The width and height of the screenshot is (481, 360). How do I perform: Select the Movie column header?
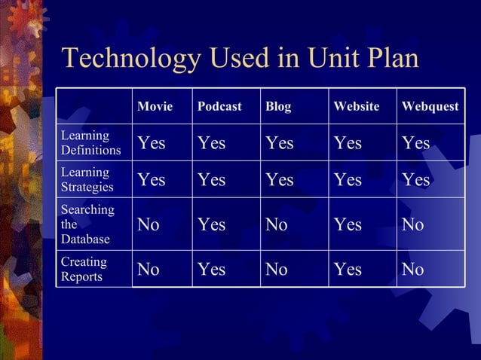pyautogui.click(x=155, y=107)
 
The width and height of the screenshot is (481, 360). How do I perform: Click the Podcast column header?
pyautogui.click(x=219, y=107)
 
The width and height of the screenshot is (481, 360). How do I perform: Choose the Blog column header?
pyautogui.click(x=278, y=107)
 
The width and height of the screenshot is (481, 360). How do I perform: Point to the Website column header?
pyautogui.click(x=357, y=107)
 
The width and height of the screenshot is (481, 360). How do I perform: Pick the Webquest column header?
pyautogui.click(x=430, y=107)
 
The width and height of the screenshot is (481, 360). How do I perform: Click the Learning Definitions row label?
pyautogui.click(x=90, y=142)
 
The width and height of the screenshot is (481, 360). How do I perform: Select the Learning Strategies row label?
pyautogui.click(x=87, y=179)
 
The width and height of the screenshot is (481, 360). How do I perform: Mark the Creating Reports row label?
pyautogui.click(x=84, y=269)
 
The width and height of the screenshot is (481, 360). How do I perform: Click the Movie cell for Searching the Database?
pyautogui.click(x=149, y=224)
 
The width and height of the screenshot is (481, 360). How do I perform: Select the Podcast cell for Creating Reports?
pyautogui.click(x=211, y=269)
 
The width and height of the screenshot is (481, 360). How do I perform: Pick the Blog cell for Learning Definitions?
pyautogui.click(x=279, y=143)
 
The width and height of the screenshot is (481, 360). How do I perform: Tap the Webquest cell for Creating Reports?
pyautogui.click(x=413, y=269)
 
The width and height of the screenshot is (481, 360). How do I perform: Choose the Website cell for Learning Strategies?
pyautogui.click(x=348, y=180)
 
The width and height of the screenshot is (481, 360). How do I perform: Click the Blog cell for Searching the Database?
pyautogui.click(x=276, y=224)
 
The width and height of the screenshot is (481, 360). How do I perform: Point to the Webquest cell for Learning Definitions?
pyautogui.click(x=415, y=143)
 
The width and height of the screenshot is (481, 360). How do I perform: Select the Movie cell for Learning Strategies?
pyautogui.click(x=152, y=180)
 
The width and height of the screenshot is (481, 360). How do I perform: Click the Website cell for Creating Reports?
pyautogui.click(x=348, y=269)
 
